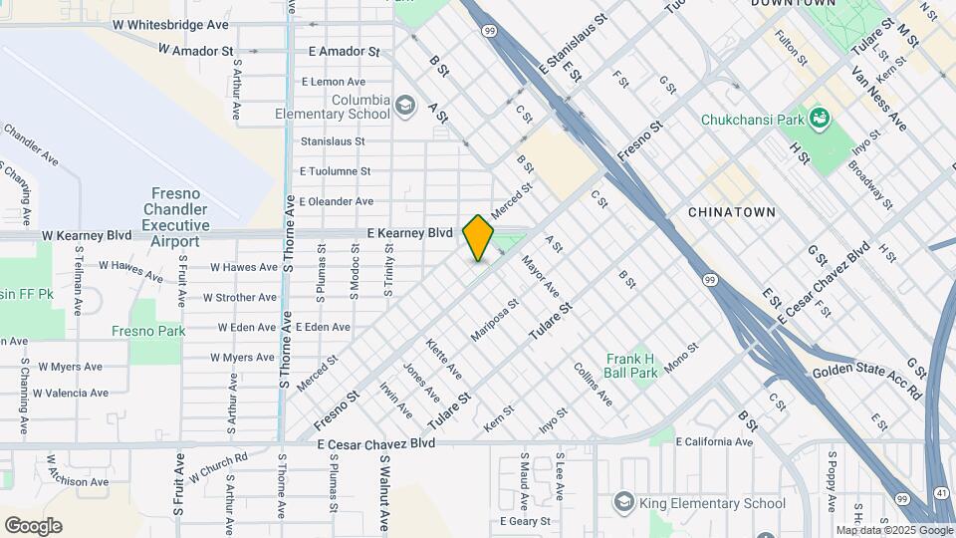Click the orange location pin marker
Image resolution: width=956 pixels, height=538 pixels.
click(x=479, y=237)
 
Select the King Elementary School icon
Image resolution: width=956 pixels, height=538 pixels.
click(x=623, y=500)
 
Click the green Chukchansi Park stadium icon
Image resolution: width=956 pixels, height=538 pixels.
click(x=820, y=120)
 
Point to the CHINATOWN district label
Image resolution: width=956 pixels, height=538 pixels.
click(x=731, y=212)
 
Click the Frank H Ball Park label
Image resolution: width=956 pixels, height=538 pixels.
click(x=630, y=366)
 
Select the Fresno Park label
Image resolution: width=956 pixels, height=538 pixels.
click(x=148, y=331)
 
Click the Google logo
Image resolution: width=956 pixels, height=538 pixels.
click(x=33, y=526)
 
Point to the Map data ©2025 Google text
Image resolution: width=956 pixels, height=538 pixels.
click(x=893, y=530)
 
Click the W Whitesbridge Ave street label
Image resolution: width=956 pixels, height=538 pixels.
click(x=171, y=23)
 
